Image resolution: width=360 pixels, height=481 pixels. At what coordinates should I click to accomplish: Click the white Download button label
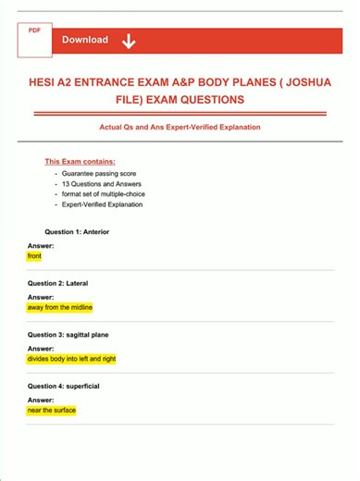pos(85,40)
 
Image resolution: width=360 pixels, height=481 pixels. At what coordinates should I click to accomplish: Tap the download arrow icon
pos(128,40)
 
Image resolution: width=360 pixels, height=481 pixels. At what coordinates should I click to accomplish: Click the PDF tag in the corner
pos(34,31)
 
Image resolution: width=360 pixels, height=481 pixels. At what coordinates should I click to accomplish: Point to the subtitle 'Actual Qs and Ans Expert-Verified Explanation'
pos(180,127)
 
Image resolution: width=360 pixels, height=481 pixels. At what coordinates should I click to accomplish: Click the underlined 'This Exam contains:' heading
pos(80,161)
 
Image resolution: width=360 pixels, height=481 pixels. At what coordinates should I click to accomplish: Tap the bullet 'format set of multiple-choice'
pos(103,194)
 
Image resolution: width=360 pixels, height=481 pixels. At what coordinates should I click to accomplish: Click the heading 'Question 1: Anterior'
pos(77,231)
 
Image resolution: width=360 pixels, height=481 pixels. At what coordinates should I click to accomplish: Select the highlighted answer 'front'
pos(34,255)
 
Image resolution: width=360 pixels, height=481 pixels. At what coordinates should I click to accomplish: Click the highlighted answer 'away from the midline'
pos(60,307)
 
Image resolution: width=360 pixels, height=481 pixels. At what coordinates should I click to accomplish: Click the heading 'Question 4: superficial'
pos(63,386)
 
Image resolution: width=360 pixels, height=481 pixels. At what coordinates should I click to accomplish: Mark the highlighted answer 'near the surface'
pos(52,410)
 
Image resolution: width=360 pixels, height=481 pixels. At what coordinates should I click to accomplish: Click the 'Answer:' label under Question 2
pos(41,297)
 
